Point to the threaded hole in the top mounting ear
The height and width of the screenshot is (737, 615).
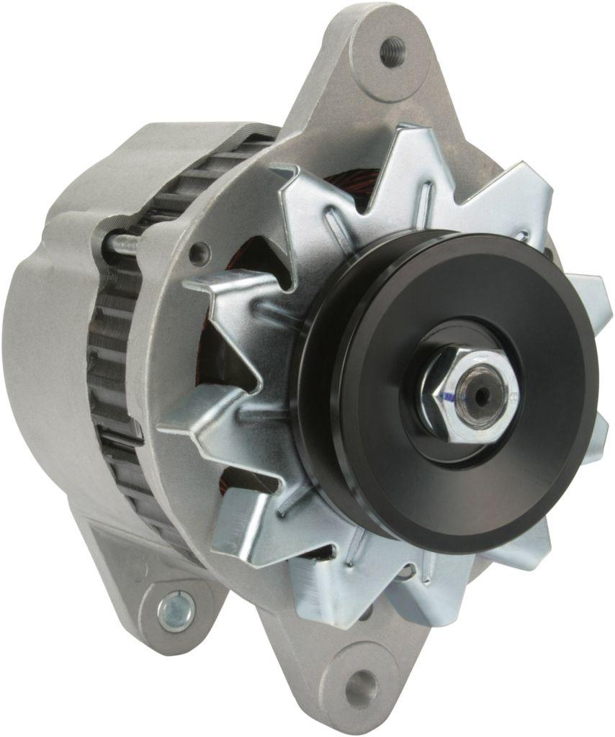click(x=392, y=52)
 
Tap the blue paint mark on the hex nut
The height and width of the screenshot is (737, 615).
click(x=448, y=394)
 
